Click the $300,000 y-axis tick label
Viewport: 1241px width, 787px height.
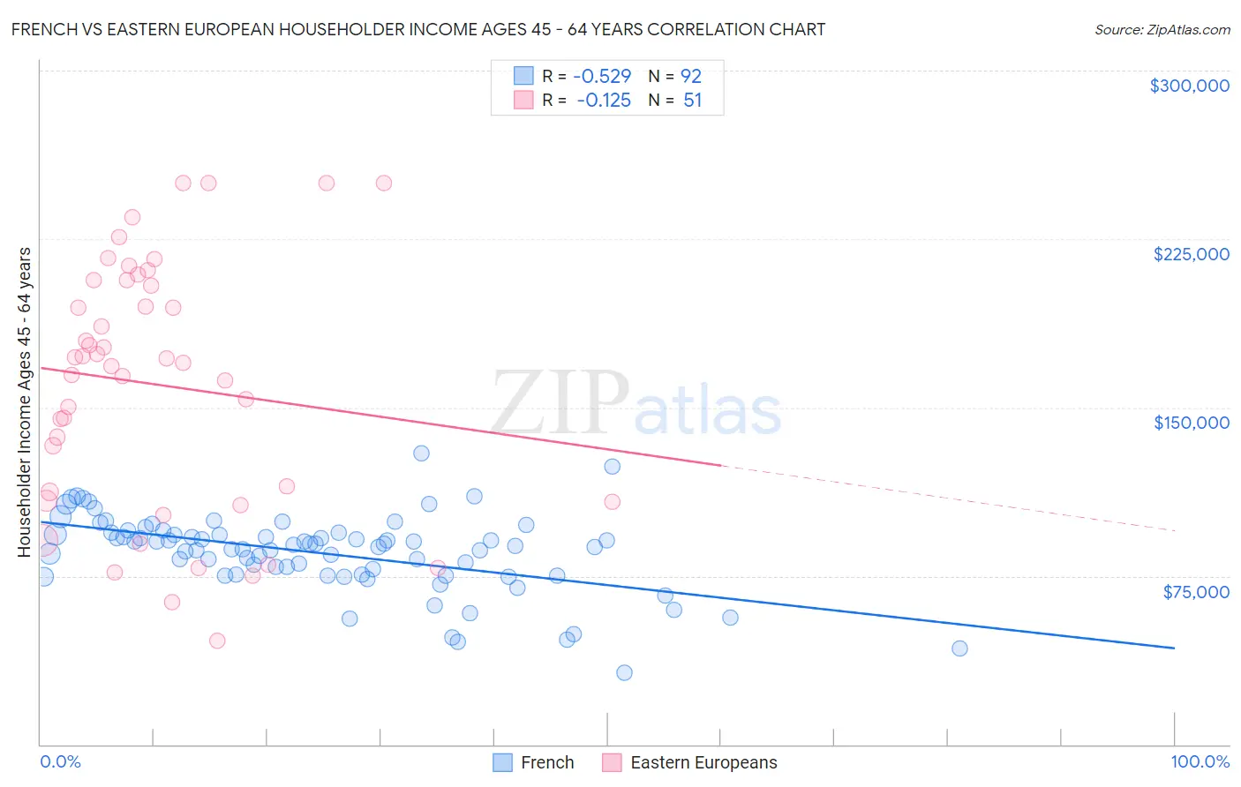[x=1189, y=86]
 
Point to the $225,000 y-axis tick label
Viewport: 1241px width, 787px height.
[x=1191, y=254]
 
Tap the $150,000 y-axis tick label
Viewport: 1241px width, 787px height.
[x=1191, y=423]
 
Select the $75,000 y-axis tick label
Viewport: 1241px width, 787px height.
[x=1195, y=592]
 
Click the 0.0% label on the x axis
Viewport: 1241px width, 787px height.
[x=60, y=761]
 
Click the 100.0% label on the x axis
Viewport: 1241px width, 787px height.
[x=1200, y=761]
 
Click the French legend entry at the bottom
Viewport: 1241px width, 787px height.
[x=546, y=762]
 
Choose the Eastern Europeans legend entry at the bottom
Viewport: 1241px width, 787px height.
[x=703, y=762]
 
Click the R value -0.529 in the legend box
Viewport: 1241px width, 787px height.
[x=602, y=76]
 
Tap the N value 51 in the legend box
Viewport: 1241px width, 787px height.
[x=692, y=101]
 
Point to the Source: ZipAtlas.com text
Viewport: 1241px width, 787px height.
[x=1162, y=29]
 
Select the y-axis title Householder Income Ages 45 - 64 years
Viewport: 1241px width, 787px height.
[x=25, y=402]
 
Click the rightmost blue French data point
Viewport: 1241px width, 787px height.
[x=959, y=648]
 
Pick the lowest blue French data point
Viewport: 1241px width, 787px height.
[x=624, y=672]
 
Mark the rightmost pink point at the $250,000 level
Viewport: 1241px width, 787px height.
[x=384, y=184]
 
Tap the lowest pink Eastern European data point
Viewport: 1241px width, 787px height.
[x=217, y=641]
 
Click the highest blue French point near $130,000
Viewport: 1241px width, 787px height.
[x=421, y=453]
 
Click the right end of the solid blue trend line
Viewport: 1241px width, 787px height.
[x=1173, y=648]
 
